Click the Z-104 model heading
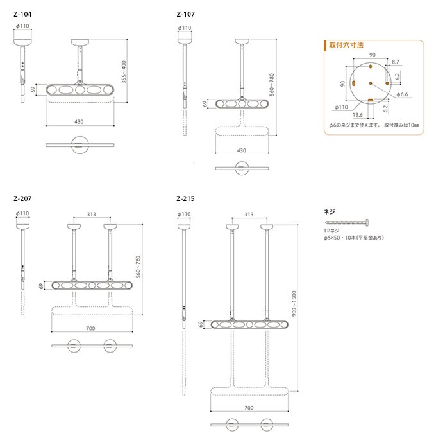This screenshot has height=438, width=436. point(22,14)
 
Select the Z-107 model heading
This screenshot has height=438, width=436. point(185,14)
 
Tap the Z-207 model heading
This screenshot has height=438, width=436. point(22,198)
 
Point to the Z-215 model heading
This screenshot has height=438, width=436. point(185,198)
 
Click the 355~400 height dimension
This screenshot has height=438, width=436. point(124,72)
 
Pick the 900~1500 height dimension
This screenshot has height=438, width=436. point(294,304)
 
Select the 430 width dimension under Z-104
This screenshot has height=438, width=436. point(79,122)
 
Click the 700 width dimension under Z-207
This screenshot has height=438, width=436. point(90,329)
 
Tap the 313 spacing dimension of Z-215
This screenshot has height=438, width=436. point(249,215)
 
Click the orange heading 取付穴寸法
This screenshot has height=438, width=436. point(346,45)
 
